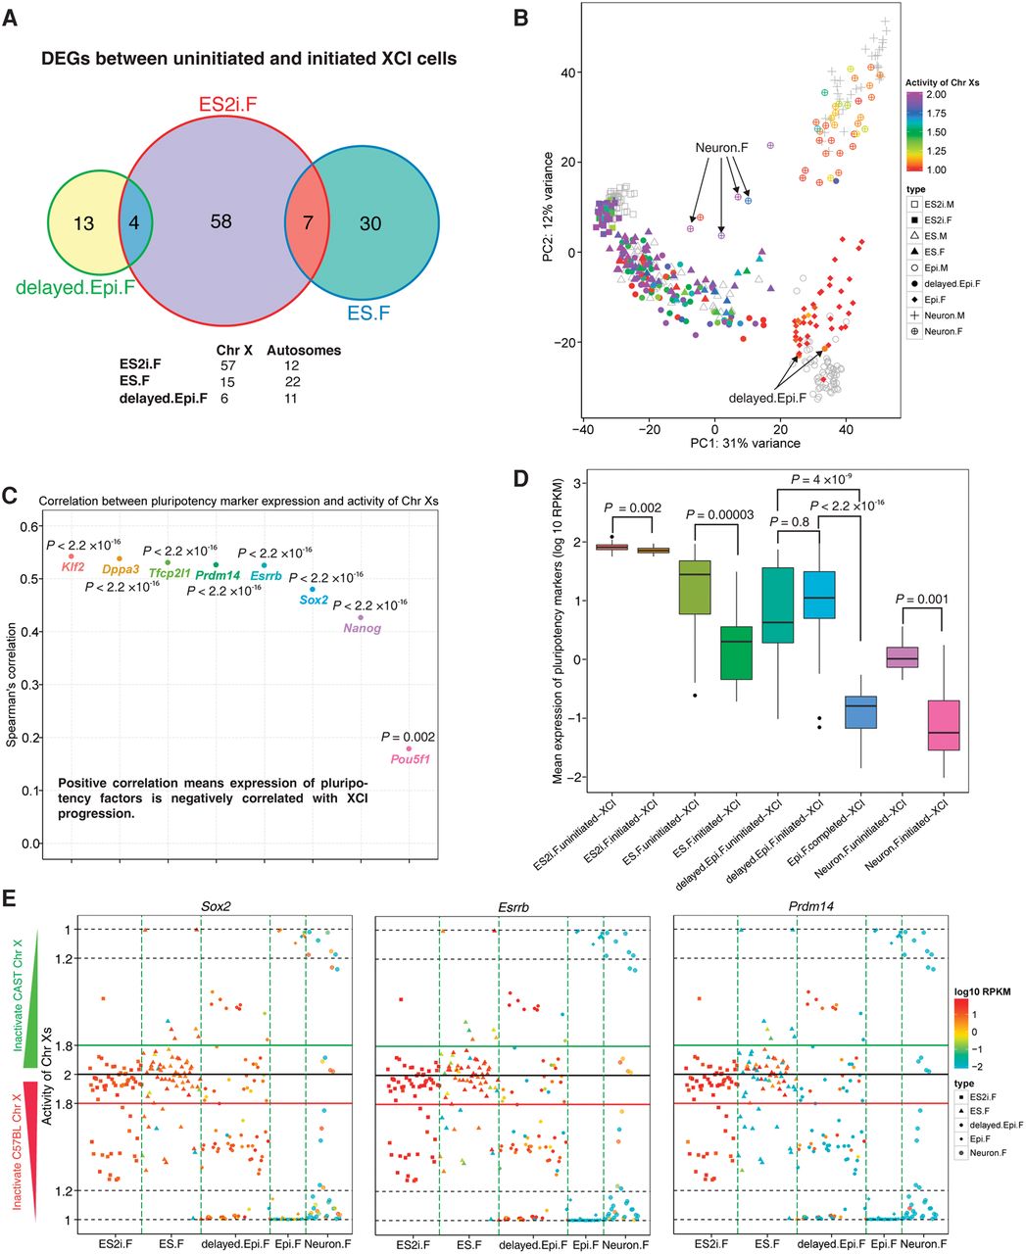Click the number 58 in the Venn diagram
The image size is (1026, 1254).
221,222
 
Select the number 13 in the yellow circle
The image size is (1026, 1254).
84,223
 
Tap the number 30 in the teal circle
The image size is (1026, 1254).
369,223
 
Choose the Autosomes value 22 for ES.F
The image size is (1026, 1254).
291,381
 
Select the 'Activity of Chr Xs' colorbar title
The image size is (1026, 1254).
942,83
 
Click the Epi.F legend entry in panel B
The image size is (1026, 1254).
937,299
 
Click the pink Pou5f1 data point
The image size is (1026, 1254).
409,748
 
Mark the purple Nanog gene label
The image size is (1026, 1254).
362,629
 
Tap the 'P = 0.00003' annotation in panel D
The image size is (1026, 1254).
729,514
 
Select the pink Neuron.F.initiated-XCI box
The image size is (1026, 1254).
942,725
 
